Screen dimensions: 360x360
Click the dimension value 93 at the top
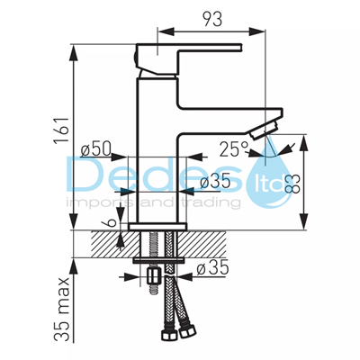click(x=212, y=19)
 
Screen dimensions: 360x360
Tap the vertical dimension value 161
click(x=62, y=130)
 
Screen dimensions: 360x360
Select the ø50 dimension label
click(x=96, y=149)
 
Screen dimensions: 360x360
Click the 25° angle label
click(x=234, y=149)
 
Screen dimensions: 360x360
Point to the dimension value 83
click(x=292, y=184)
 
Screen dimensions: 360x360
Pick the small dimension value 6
click(x=110, y=222)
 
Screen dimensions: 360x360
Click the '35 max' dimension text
click(x=62, y=310)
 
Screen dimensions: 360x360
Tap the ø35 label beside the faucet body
click(x=215, y=182)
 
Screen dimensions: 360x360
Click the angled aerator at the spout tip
click(x=264, y=130)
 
